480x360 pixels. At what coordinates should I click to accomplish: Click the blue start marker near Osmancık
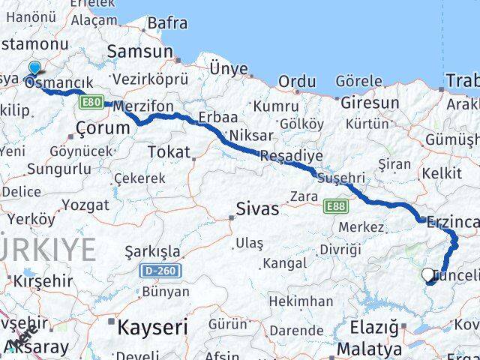coord(33,70)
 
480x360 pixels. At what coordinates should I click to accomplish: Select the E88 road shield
coord(335,204)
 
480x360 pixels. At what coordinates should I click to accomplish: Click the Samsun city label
coord(139,52)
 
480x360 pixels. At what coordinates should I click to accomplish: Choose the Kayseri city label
coord(151,327)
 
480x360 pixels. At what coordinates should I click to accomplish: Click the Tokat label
coord(169,152)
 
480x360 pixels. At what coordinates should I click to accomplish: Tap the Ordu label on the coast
coord(297,81)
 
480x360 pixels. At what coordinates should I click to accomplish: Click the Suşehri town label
coord(340,178)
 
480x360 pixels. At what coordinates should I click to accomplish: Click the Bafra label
coord(166,23)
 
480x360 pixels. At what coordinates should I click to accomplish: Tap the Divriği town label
coord(340,249)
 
